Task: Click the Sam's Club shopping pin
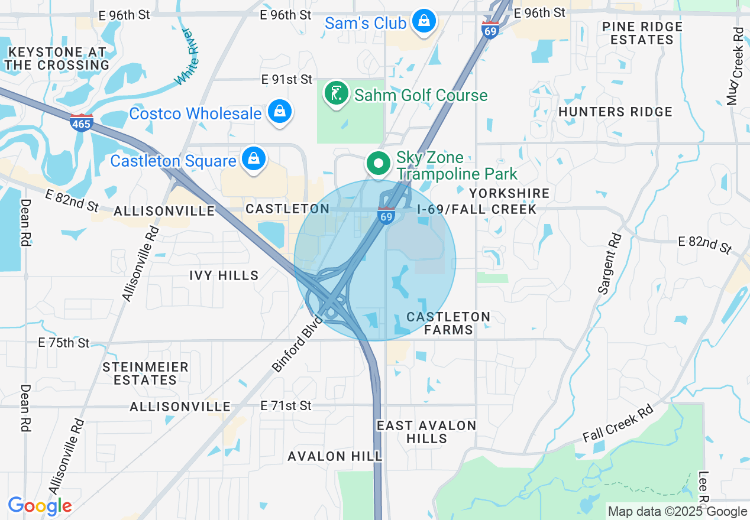coord(424,21)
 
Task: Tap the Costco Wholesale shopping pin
coord(278,111)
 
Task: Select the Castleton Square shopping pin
coord(253,159)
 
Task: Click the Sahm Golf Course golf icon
coord(337,94)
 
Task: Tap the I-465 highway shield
coord(81,123)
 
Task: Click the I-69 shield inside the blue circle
coord(386,216)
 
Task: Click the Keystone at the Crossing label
coord(57,59)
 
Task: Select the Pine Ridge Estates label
coord(642,33)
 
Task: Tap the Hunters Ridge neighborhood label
coord(615,112)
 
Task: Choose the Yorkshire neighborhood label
coord(509,193)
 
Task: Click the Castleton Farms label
coord(448,323)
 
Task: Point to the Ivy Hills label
coord(224,275)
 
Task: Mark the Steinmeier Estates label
coord(146,373)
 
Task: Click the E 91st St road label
coord(287,79)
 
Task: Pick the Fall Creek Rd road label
coord(618,423)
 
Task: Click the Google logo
coord(40,506)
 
